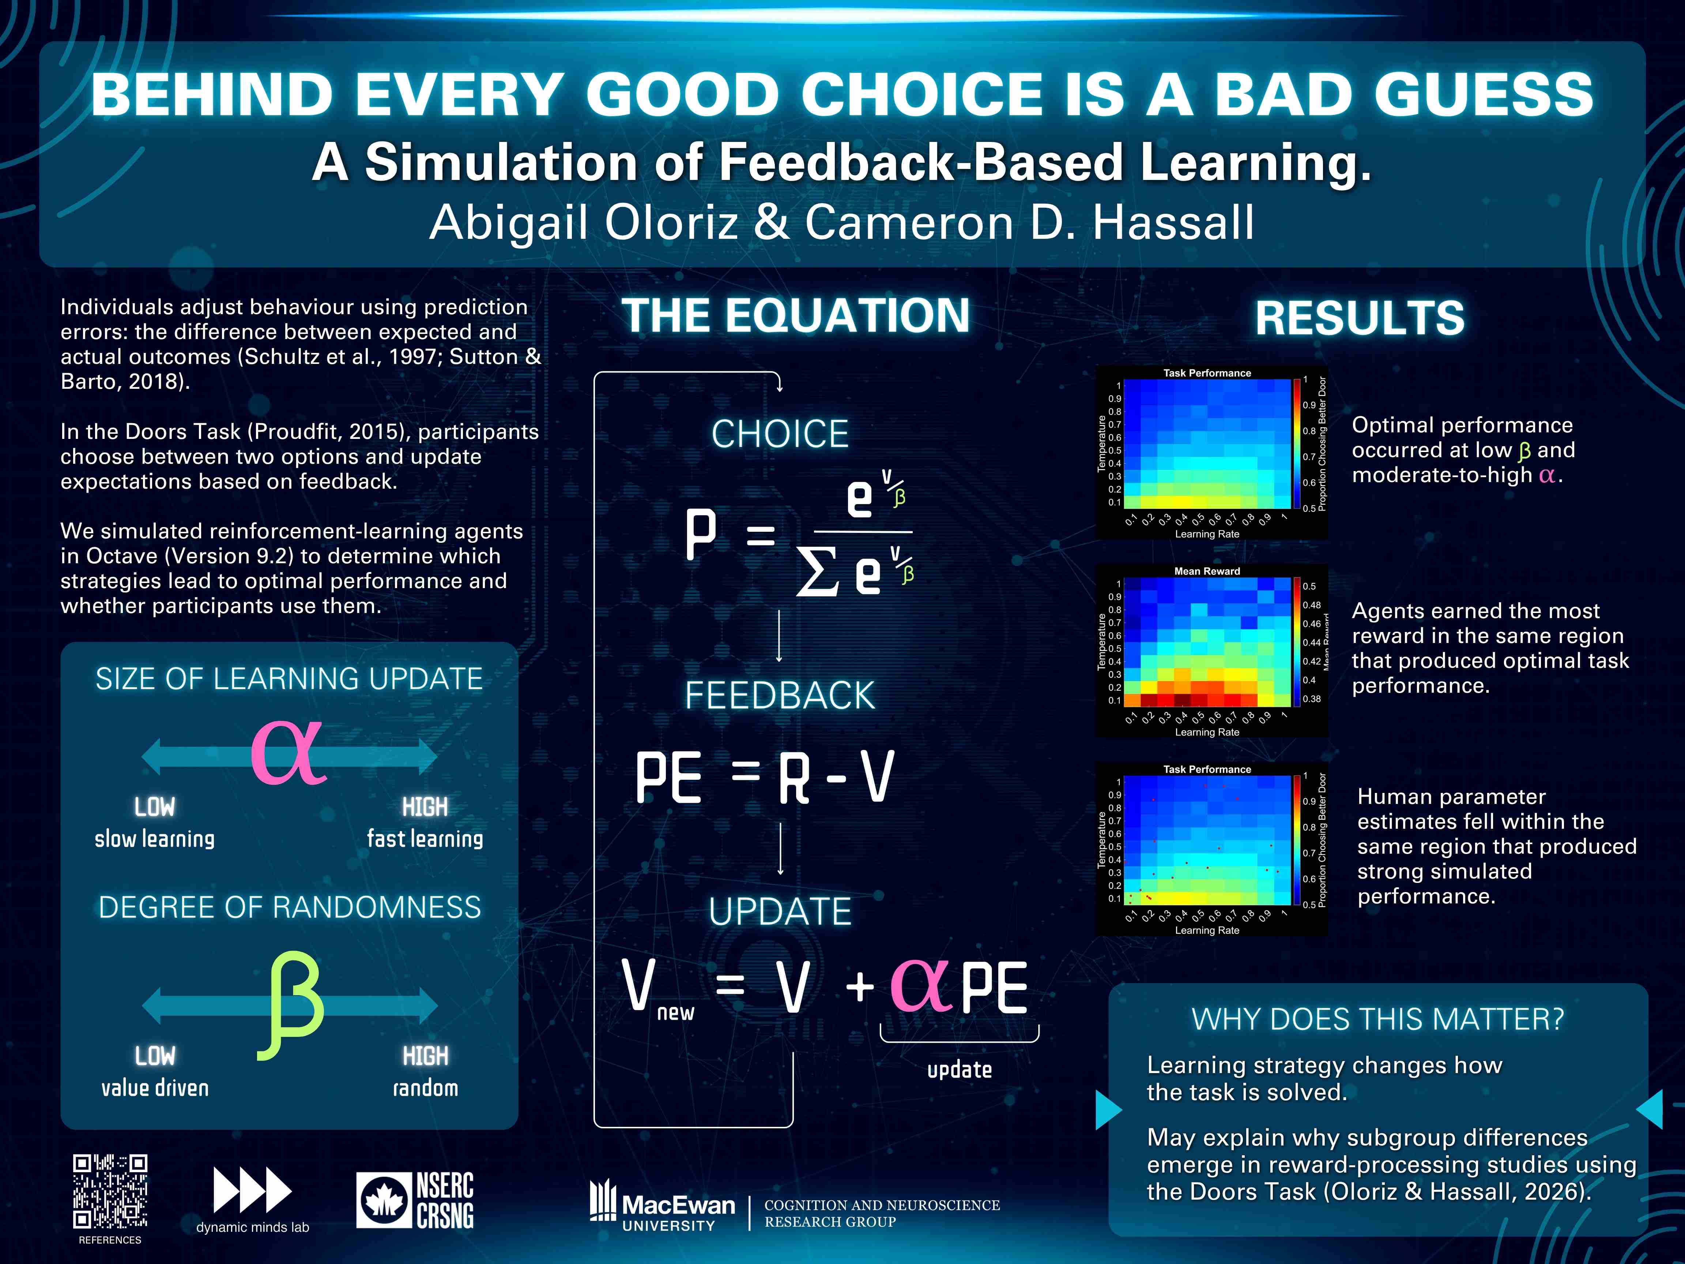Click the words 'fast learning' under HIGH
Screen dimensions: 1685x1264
coord(425,839)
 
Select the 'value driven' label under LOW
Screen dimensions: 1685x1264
coord(155,1088)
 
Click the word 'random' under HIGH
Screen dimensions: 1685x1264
coord(426,1088)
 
